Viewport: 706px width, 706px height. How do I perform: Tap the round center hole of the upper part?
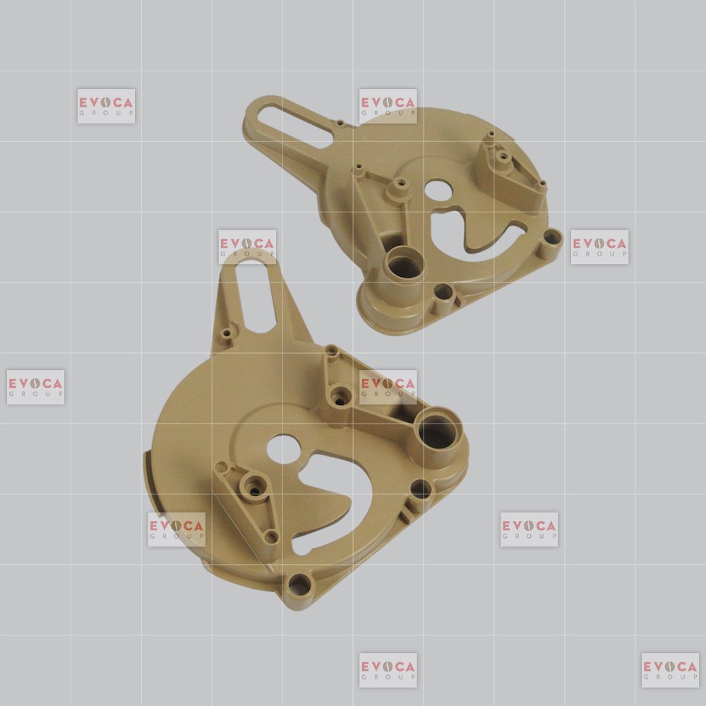[x=438, y=191]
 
